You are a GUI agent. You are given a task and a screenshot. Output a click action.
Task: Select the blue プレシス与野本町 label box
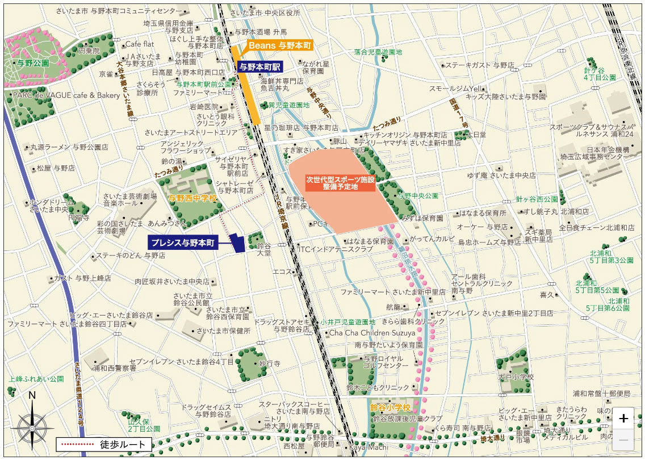183,242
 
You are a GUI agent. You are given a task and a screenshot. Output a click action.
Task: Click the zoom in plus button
623,419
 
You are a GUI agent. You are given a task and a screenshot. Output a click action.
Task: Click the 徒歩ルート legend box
104,444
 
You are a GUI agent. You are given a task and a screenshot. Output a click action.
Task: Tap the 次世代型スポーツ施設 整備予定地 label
340,182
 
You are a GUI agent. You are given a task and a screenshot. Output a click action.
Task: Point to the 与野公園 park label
32,63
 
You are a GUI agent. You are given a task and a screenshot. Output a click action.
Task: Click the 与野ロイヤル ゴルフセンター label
383,362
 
